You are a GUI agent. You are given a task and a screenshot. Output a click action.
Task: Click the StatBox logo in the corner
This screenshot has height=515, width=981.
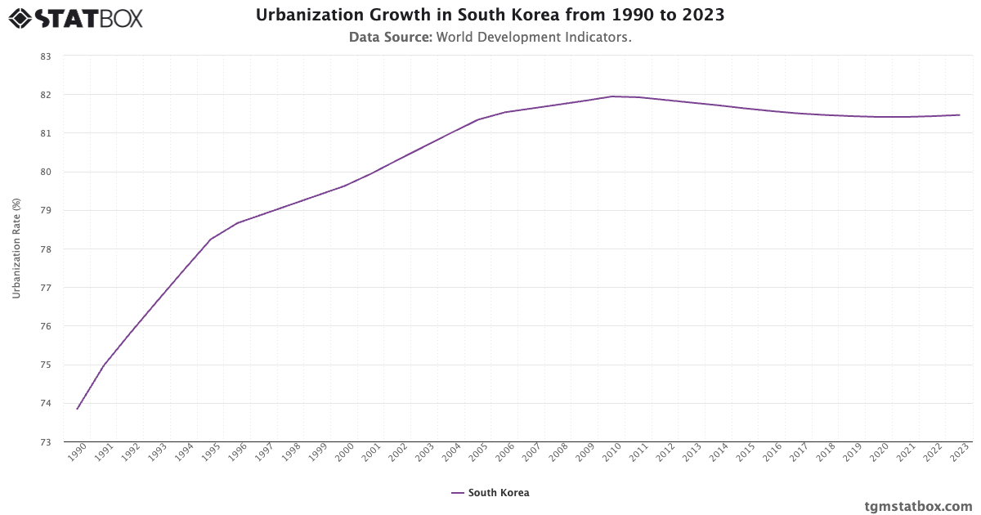click(75, 17)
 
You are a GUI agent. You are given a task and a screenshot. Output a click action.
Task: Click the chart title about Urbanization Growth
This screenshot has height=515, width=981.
click(490, 16)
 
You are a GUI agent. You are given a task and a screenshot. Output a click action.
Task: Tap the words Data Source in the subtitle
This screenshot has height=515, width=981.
click(390, 37)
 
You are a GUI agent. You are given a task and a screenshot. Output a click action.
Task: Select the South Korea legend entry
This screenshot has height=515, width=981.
click(490, 493)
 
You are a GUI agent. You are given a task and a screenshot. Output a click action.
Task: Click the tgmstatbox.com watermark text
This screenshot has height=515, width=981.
click(918, 506)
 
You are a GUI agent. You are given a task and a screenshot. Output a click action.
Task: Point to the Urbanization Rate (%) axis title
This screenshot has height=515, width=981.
click(16, 249)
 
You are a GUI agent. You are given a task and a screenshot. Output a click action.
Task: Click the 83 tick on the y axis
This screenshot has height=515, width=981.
click(46, 56)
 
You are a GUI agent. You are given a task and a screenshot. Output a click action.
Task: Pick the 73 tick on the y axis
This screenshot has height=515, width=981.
click(46, 442)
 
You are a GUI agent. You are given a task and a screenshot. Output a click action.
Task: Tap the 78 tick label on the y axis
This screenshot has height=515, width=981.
click(46, 249)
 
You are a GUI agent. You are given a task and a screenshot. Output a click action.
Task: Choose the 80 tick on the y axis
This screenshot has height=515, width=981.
click(46, 172)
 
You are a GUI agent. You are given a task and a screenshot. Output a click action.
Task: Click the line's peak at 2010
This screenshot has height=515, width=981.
click(611, 96)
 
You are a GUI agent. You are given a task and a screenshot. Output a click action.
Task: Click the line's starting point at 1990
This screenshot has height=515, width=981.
click(78, 409)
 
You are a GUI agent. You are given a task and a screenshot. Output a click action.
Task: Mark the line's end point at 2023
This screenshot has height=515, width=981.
click(959, 115)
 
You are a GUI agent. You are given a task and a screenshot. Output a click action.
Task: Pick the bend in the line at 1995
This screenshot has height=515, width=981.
click(211, 240)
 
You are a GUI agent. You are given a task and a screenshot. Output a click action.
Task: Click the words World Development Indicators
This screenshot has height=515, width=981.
click(534, 37)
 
